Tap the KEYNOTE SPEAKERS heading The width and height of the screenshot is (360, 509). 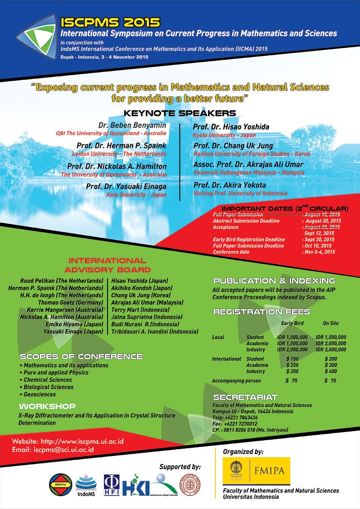(180, 113)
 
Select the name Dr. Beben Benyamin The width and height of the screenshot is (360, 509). (132, 125)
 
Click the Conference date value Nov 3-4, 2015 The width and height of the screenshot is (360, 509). (319, 252)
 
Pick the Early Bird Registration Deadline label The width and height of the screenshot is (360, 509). (249, 240)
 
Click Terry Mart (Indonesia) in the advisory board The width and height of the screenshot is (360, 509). (139, 310)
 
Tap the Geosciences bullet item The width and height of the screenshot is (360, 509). (40, 394)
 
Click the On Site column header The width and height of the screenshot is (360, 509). (331, 323)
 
